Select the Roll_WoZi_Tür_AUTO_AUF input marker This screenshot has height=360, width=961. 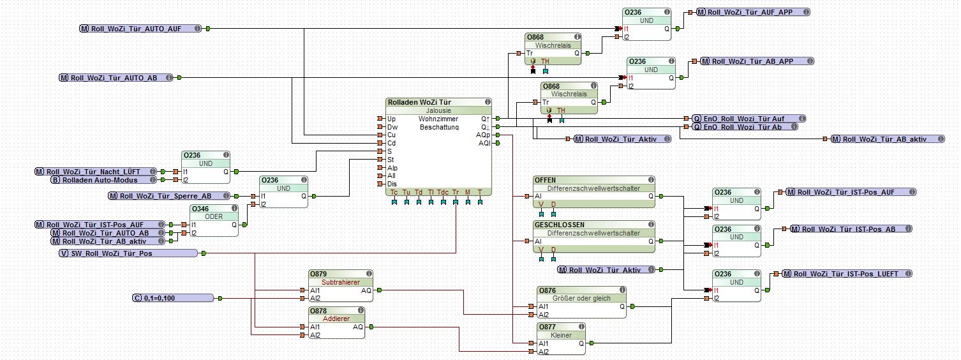point(140,29)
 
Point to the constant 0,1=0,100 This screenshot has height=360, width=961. point(172,298)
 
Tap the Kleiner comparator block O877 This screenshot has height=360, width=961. point(561,334)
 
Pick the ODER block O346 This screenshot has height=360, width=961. point(214,216)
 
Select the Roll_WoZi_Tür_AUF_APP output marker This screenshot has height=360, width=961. point(752,12)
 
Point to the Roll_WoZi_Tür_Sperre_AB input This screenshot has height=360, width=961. point(170,196)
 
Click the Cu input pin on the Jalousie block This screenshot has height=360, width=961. point(391,135)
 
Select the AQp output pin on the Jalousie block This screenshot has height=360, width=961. point(483,135)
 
